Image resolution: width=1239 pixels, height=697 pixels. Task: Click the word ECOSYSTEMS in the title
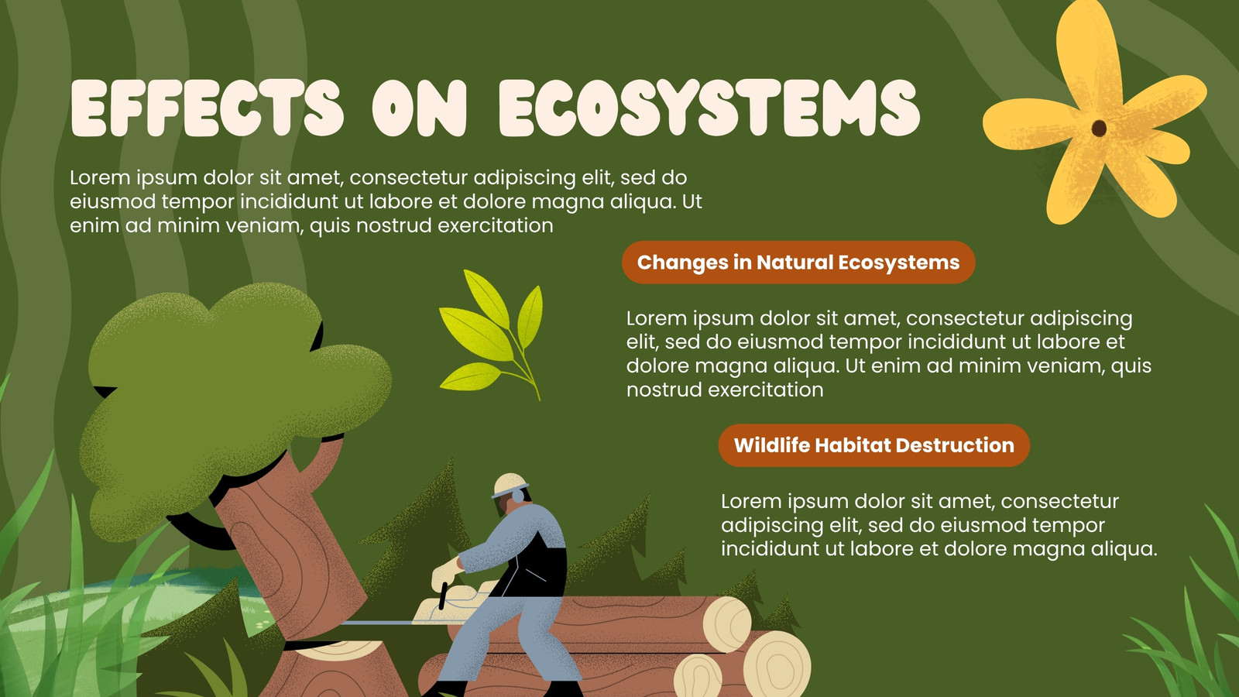pos(709,108)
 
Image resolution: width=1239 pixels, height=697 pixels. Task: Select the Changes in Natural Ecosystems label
pos(798,263)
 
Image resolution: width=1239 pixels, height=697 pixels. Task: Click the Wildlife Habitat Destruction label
pos(874,445)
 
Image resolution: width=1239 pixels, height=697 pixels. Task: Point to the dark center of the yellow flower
pos(1099,128)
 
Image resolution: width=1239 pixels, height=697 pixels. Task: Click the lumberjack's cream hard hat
pos(510,485)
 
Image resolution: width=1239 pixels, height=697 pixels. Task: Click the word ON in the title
pos(420,108)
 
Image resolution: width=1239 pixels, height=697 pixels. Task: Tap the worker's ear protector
pos(518,496)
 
